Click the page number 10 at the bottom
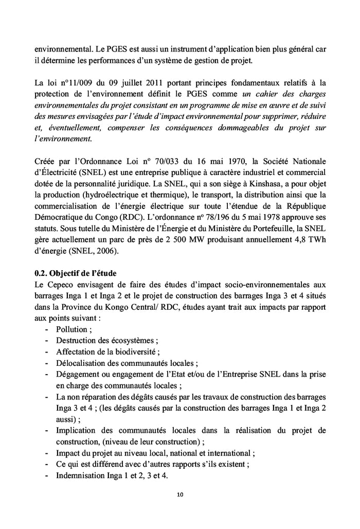(180, 495)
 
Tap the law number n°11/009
(69, 82)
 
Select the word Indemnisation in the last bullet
(82, 475)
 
